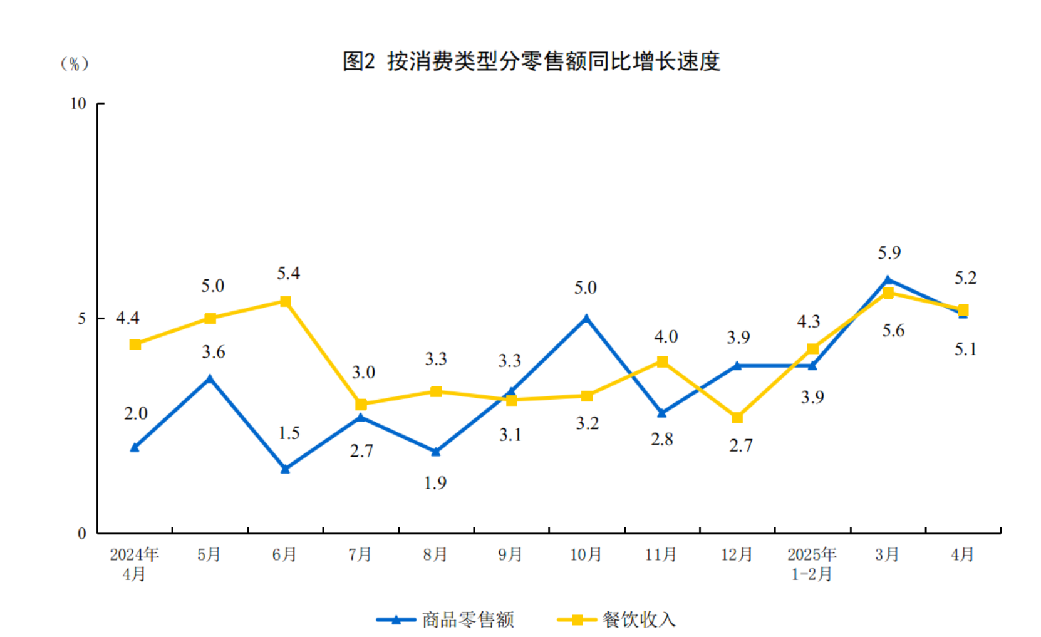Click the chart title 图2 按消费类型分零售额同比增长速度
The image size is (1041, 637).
tap(531, 61)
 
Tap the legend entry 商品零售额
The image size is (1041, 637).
tap(467, 619)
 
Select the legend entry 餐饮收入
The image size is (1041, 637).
tap(639, 619)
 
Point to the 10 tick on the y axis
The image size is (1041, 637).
tap(78, 103)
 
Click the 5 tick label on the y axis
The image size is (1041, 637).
tap(81, 318)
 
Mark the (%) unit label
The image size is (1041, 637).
tap(75, 64)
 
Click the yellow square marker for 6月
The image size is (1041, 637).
tap(286, 301)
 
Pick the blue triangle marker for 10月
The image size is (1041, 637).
tap(586, 318)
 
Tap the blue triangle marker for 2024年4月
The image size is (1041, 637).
tap(135, 447)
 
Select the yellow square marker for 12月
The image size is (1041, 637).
tap(737, 417)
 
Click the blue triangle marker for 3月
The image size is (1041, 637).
tap(888, 280)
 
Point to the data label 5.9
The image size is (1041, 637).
tap(889, 252)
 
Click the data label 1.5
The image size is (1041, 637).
tap(289, 433)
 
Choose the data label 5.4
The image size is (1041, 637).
tap(289, 273)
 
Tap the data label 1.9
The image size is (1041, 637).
tap(435, 483)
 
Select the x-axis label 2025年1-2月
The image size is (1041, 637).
tap(812, 564)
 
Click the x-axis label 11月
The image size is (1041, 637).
tap(661, 554)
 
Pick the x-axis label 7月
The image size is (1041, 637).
tap(360, 554)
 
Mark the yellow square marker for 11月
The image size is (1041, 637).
tap(662, 361)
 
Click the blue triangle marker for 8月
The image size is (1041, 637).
tap(436, 452)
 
